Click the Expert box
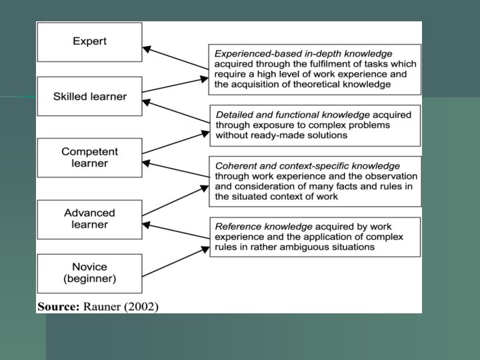click(89, 41)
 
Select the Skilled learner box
click(89, 97)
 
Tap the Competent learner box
click(89, 157)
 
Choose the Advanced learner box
click(89, 219)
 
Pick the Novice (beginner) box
click(89, 273)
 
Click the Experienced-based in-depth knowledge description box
click(315, 69)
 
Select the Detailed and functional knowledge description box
click(315, 125)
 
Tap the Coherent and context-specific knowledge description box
click(315, 181)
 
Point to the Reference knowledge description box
click(315, 237)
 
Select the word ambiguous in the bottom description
click(309, 247)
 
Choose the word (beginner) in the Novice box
click(89, 279)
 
